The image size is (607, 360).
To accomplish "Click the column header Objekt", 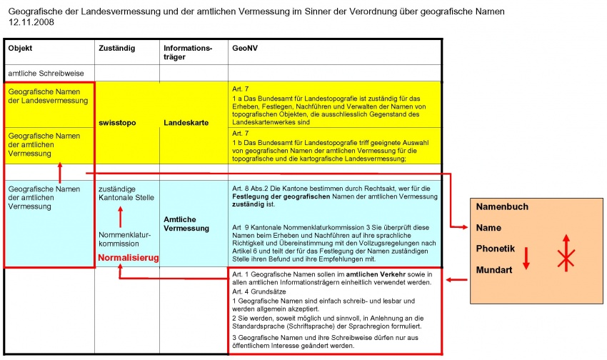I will pyautogui.click(x=20, y=49).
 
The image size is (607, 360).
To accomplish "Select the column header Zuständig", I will pyautogui.click(x=115, y=49).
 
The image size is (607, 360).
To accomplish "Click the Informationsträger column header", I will pyautogui.click(x=187, y=53).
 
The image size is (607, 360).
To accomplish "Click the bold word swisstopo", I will pyautogui.click(x=117, y=123).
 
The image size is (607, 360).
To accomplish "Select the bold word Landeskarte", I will pyautogui.click(x=185, y=123).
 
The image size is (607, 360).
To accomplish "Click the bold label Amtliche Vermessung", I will pyautogui.click(x=186, y=224).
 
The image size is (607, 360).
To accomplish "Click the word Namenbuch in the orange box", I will pyautogui.click(x=503, y=206).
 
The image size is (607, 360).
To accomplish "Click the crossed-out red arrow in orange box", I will pyautogui.click(x=566, y=253).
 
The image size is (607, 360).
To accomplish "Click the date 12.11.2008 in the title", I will pyautogui.click(x=31, y=22).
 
